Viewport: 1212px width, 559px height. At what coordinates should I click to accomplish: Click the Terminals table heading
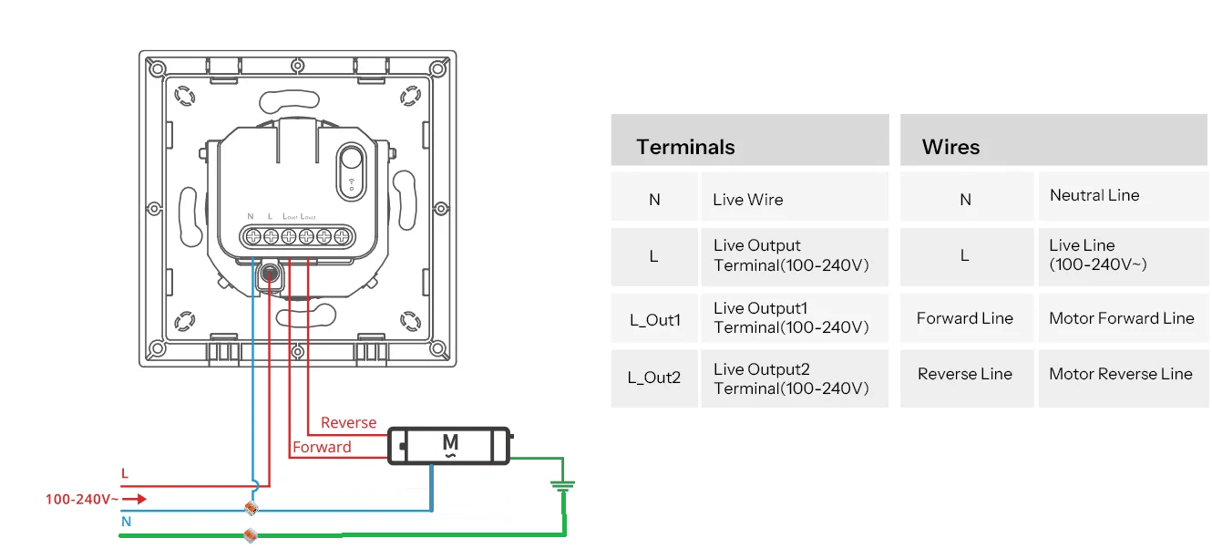coord(685,147)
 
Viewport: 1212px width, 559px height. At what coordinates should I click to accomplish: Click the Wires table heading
coord(950,147)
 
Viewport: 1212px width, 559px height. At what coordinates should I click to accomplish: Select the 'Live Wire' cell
coord(748,200)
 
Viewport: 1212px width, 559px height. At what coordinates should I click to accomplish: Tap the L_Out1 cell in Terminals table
coord(654,320)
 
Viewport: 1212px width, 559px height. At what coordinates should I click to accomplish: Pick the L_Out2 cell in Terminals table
coord(654,378)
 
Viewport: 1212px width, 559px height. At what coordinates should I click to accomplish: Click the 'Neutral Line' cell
coord(1094,195)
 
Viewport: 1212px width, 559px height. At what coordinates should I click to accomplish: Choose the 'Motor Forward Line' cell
coord(1121,318)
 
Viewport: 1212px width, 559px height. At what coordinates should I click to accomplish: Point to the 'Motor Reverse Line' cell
coord(1120,374)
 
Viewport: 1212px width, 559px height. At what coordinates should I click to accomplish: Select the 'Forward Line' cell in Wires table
coord(964,318)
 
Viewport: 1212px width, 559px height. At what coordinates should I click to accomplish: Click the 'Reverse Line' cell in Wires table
coord(964,374)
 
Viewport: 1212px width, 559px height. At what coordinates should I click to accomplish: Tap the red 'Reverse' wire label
coord(348,423)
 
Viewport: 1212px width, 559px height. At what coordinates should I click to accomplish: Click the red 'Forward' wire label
coord(322,448)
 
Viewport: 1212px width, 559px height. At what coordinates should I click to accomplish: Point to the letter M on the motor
coord(450,443)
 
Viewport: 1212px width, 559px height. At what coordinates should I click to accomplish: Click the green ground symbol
coord(563,488)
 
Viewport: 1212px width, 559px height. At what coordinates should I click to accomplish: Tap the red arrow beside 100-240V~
coord(134,499)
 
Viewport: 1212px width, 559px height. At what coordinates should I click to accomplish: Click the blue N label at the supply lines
coord(126,523)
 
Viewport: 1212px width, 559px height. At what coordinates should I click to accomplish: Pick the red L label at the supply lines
coord(125,474)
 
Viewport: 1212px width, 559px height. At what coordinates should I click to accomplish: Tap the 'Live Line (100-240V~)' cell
coord(1097,255)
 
